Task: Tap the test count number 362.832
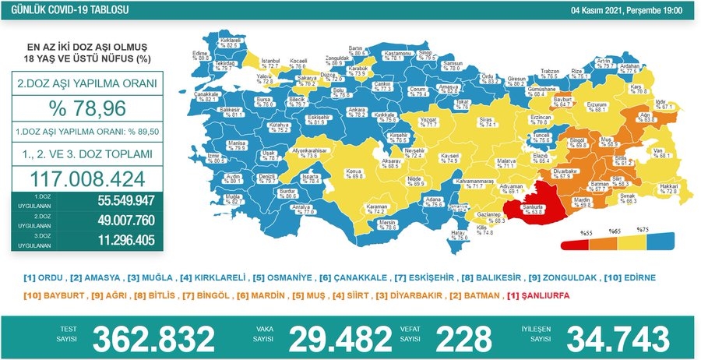(153, 338)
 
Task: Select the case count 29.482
(340, 338)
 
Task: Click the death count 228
(463, 338)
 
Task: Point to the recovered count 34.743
(617, 338)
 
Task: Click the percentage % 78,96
(87, 108)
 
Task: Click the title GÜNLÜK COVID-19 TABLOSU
(64, 10)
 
